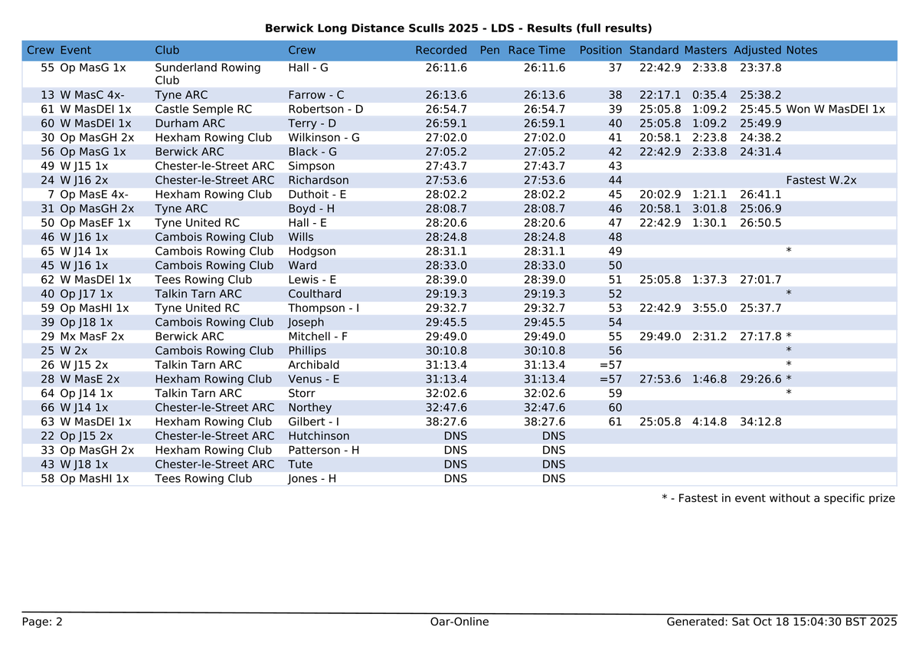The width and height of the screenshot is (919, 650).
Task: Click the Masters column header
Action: click(705, 51)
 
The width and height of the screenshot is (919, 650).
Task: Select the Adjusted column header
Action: click(757, 51)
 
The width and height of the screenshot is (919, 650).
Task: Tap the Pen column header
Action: click(489, 51)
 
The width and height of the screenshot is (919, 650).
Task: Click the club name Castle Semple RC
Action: click(203, 110)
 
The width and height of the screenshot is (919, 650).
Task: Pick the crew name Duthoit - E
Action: click(317, 195)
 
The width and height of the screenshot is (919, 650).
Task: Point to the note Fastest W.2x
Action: click(821, 180)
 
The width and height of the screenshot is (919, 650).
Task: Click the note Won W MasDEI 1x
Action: click(836, 110)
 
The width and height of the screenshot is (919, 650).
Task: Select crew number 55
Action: click(47, 67)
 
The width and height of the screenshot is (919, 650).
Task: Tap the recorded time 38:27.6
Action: click(446, 422)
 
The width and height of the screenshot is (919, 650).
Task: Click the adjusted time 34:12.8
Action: click(760, 422)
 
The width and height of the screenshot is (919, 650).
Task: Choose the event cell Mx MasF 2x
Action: click(92, 336)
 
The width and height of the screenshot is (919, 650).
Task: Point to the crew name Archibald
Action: click(313, 365)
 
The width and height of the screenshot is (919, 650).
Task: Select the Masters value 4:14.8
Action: click(709, 422)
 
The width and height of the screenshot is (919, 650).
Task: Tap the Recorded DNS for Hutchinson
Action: click(455, 436)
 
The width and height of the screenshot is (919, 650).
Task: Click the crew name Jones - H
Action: click(312, 478)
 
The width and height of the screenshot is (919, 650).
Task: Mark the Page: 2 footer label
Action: click(42, 622)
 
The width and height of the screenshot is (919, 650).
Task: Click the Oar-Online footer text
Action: click(459, 622)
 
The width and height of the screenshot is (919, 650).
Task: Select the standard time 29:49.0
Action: click(659, 336)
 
